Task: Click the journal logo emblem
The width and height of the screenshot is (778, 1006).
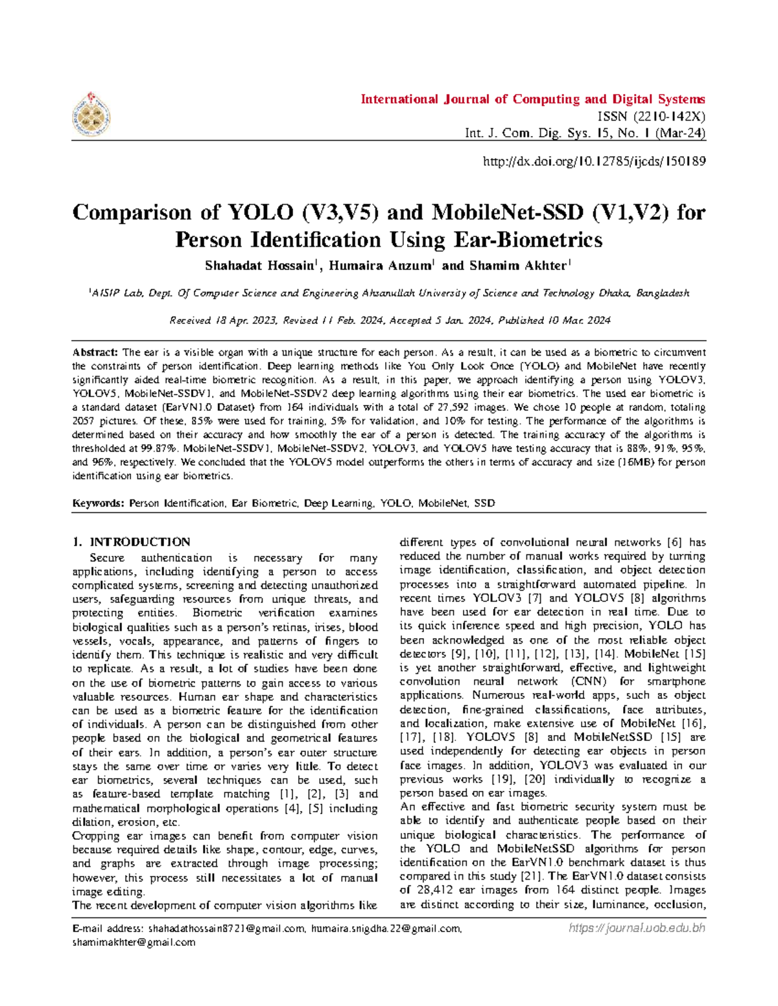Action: pyautogui.click(x=91, y=115)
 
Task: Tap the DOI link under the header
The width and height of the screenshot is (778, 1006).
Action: pyautogui.click(x=594, y=161)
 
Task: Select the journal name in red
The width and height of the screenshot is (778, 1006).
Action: pyautogui.click(x=532, y=99)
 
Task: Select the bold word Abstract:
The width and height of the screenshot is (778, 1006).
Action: pyautogui.click(x=95, y=352)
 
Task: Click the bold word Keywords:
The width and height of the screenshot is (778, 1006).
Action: pyautogui.click(x=99, y=503)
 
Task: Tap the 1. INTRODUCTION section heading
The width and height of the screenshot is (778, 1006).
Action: pyautogui.click(x=132, y=542)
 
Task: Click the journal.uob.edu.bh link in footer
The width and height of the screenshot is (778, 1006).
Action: pyautogui.click(x=637, y=928)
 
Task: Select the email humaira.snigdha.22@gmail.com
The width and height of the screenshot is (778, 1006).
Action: pyautogui.click(x=386, y=929)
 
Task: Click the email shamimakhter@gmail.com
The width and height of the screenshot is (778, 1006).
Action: pyautogui.click(x=134, y=943)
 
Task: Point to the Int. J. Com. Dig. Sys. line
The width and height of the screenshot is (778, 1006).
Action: pyautogui.click(x=585, y=133)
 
